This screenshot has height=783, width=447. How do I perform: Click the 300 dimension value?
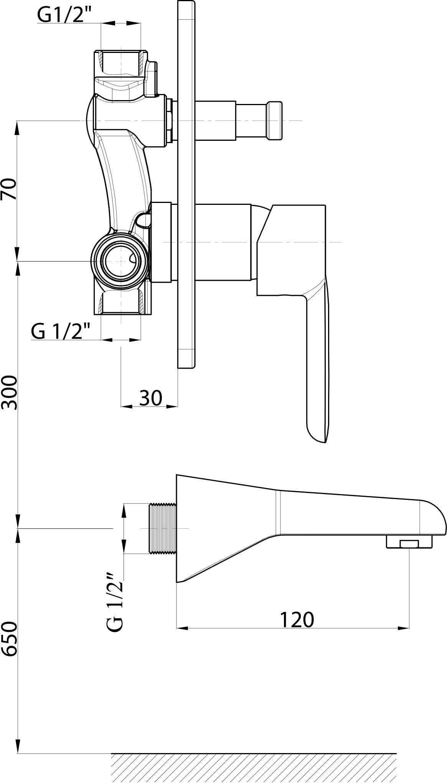point(9,392)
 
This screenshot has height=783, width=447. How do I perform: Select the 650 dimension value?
point(9,639)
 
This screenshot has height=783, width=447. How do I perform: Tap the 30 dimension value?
point(150,398)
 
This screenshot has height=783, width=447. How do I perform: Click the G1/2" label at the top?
point(61,16)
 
